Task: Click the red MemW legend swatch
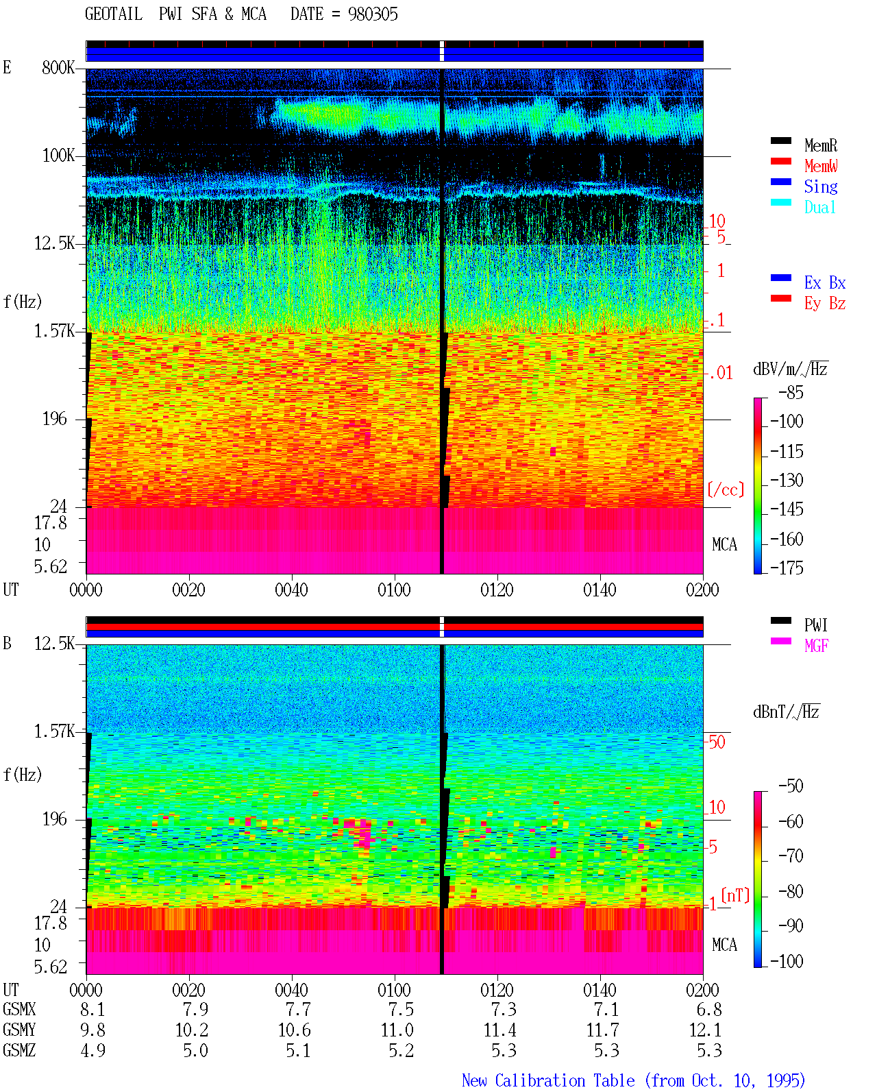click(780, 161)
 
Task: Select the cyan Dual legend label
click(819, 207)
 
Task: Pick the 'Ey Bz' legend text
click(824, 303)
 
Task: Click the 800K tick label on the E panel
click(58, 67)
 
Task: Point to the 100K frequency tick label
click(58, 156)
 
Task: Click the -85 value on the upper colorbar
click(791, 392)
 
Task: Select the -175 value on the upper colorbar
click(787, 568)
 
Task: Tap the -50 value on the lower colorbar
click(791, 786)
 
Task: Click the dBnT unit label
click(786, 712)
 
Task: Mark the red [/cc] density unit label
click(726, 489)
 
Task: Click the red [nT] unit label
click(735, 895)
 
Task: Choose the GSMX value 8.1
click(92, 1009)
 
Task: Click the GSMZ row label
click(19, 1050)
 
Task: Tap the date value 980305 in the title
click(373, 14)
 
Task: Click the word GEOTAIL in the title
click(114, 14)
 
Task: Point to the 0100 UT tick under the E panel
click(394, 590)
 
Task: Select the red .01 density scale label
click(720, 373)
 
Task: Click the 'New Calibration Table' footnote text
click(548, 1080)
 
